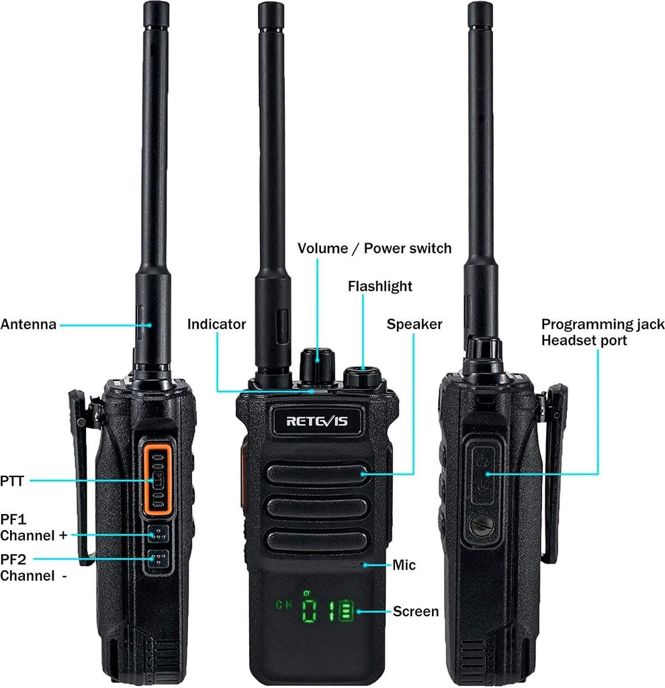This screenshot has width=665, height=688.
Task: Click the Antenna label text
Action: (x=28, y=325)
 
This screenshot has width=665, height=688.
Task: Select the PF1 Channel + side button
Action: (x=157, y=535)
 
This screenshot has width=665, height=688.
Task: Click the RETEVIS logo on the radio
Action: (x=316, y=421)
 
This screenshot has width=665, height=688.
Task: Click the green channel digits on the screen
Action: (x=328, y=611)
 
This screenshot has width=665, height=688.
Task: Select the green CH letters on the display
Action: (x=283, y=604)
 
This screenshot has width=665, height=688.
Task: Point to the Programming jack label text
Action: (x=603, y=325)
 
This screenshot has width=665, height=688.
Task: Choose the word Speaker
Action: (x=414, y=325)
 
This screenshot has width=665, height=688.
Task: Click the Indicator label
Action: (x=216, y=325)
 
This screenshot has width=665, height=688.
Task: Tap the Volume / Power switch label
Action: (x=374, y=249)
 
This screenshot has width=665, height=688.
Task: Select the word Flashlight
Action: (x=380, y=287)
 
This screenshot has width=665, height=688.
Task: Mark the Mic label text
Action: (x=404, y=565)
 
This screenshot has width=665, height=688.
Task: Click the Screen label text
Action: (x=415, y=611)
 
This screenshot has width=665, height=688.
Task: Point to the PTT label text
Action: (x=12, y=480)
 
